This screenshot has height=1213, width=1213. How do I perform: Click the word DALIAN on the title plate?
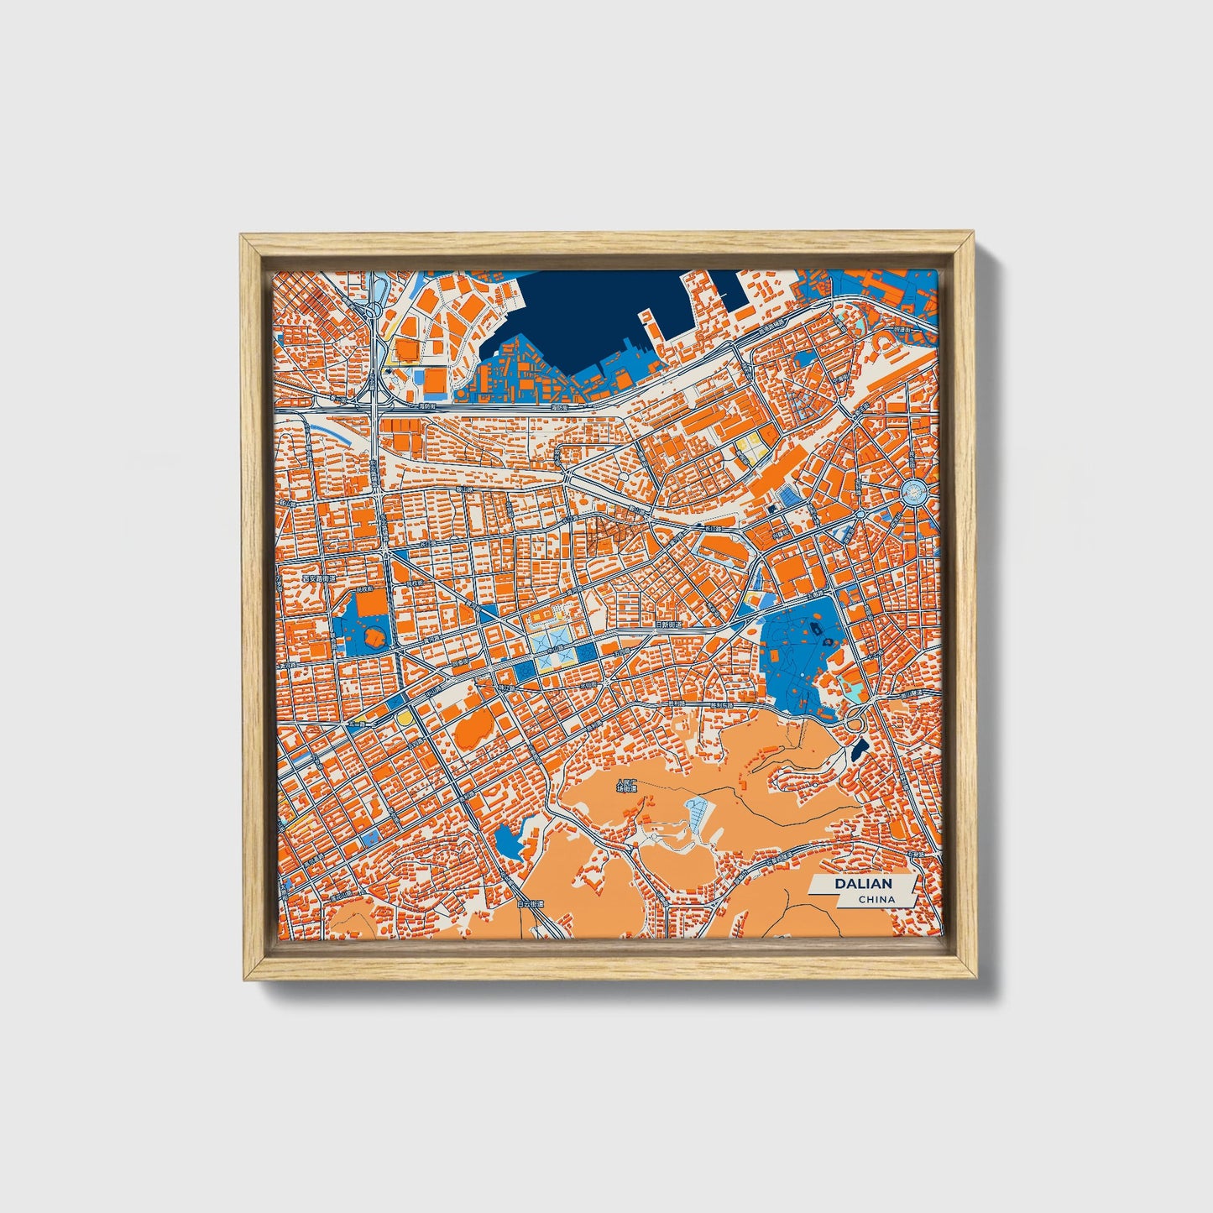click(x=862, y=884)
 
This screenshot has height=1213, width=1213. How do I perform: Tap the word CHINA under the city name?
click(x=876, y=899)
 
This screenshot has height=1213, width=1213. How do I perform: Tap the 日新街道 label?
click(x=668, y=625)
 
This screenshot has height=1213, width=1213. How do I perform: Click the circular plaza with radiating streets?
click(x=917, y=492)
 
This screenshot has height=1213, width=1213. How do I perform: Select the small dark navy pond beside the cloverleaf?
click(x=858, y=748)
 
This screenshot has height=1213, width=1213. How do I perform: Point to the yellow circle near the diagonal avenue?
click(x=405, y=719)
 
